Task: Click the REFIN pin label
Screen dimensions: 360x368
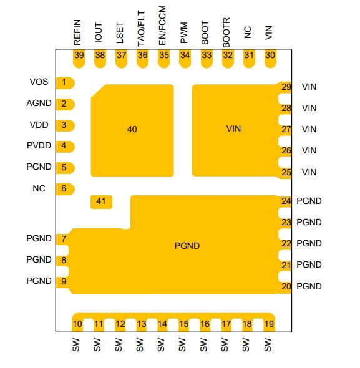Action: [x=77, y=32]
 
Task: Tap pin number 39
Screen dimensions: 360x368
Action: [x=79, y=55]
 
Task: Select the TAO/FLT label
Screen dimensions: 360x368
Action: [x=141, y=29]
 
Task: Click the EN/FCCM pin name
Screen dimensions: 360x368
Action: [x=162, y=26]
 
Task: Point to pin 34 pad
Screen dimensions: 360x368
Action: [x=185, y=59]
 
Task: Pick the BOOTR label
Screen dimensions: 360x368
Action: [x=226, y=32]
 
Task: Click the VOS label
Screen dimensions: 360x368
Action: [x=39, y=82]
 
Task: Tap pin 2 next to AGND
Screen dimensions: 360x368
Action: [x=64, y=104]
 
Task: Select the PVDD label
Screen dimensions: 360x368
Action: [x=39, y=145]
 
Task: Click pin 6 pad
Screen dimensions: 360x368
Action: [x=66, y=189]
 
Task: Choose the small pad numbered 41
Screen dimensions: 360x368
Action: [x=101, y=202]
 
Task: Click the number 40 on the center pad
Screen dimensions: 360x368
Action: [x=132, y=129]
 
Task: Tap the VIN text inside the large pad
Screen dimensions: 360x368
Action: [x=233, y=128]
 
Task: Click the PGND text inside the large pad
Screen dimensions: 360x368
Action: [x=187, y=246]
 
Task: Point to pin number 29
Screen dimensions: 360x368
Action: [x=286, y=87]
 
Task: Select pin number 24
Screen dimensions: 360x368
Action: [x=286, y=201]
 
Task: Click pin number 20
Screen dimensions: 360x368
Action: [x=286, y=286]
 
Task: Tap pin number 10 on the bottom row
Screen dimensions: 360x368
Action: [x=77, y=324]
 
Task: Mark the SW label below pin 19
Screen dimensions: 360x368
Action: [x=268, y=345]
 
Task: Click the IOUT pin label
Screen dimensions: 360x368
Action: [x=99, y=33]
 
